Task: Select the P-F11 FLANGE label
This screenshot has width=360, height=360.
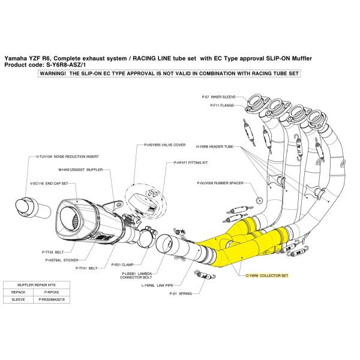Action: tap(223, 104)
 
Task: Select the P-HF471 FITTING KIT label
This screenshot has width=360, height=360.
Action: tap(191, 163)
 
